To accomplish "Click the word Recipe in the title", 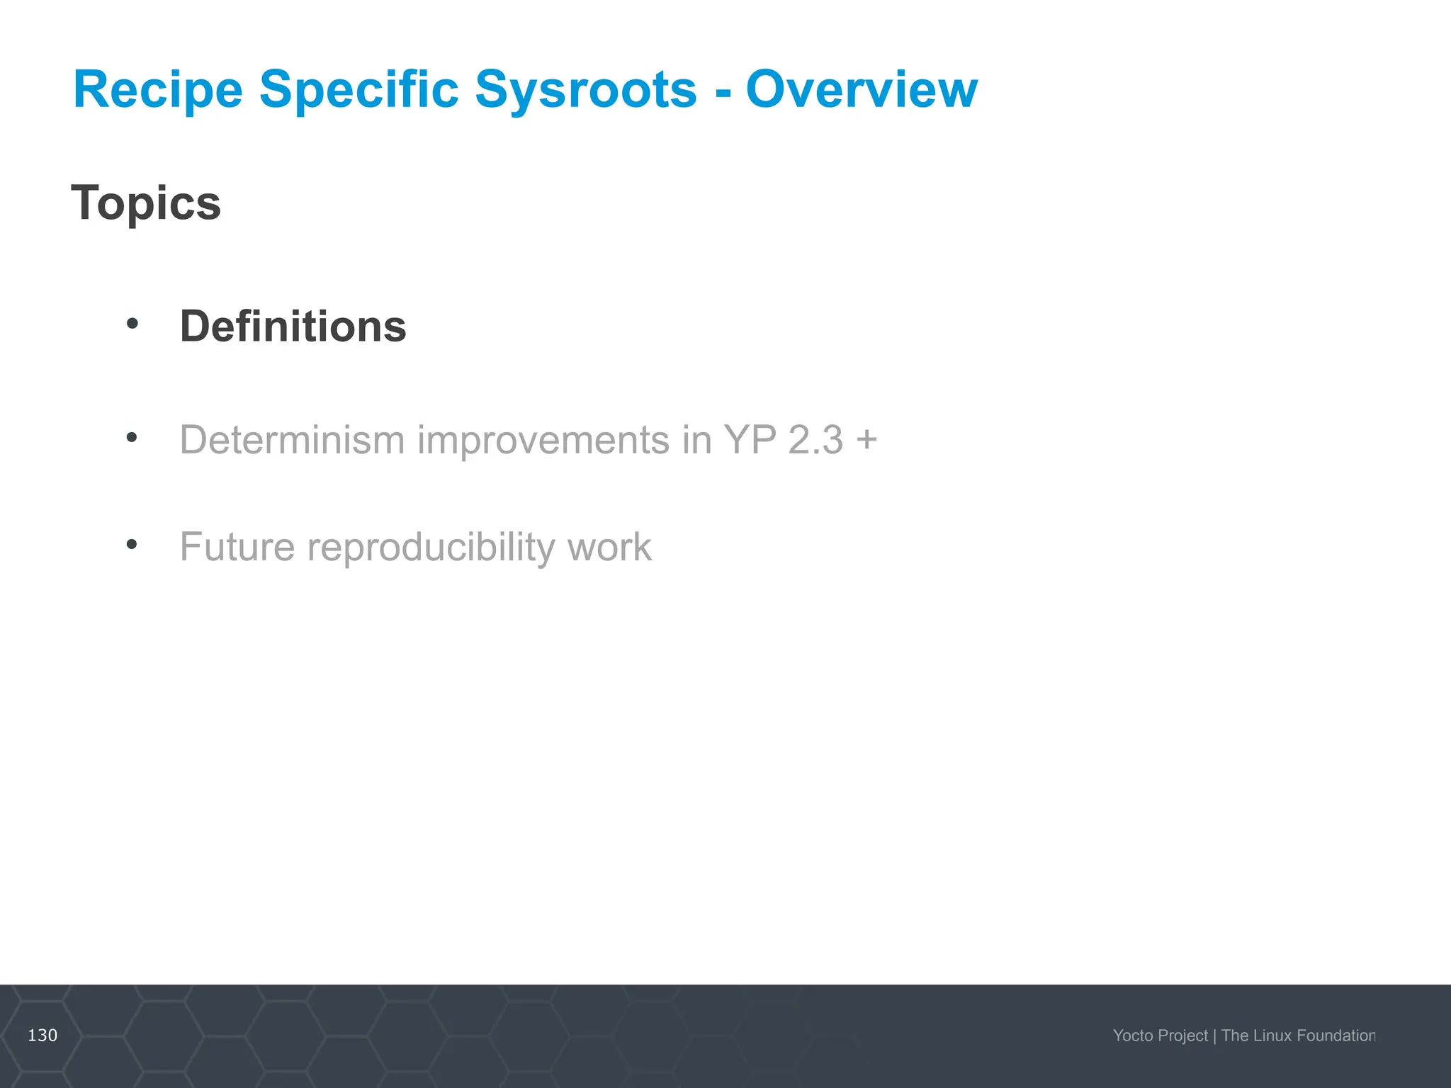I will pyautogui.click(x=157, y=91).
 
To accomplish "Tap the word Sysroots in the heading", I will pyautogui.click(x=585, y=91).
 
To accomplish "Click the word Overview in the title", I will pyautogui.click(x=862, y=91).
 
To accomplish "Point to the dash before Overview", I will pyautogui.click(x=722, y=93).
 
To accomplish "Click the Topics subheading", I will pyautogui.click(x=146, y=204).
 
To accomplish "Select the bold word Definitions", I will pyautogui.click(x=293, y=327).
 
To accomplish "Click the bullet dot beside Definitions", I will pyautogui.click(x=132, y=324).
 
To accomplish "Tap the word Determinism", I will pyautogui.click(x=291, y=440).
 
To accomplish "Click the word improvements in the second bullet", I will pyautogui.click(x=543, y=440).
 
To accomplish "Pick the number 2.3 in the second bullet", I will pyautogui.click(x=815, y=440).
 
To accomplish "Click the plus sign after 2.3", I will pyautogui.click(x=866, y=440).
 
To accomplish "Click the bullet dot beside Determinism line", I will pyautogui.click(x=132, y=438).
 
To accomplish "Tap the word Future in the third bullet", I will pyautogui.click(x=237, y=547).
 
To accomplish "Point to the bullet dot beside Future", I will pyautogui.click(x=132, y=544).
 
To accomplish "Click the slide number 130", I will pyautogui.click(x=43, y=1036).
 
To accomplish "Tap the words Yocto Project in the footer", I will pyautogui.click(x=1160, y=1036).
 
